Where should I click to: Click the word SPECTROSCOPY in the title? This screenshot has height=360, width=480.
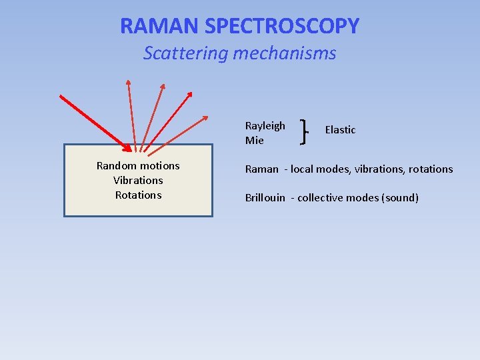(282, 26)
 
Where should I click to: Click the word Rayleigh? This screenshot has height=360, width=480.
(265, 126)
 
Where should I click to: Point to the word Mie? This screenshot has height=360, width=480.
(254, 141)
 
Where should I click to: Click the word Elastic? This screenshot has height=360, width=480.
(340, 130)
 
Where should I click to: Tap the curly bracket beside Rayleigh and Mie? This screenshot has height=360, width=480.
(305, 131)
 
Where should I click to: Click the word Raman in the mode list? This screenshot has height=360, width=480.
(261, 169)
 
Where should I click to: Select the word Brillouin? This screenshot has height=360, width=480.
(265, 198)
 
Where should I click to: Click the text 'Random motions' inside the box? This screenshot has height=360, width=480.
(138, 166)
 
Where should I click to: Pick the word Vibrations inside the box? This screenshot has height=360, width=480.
(138, 181)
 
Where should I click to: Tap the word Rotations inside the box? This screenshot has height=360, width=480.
(138, 195)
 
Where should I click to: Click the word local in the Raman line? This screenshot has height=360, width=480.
(302, 169)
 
